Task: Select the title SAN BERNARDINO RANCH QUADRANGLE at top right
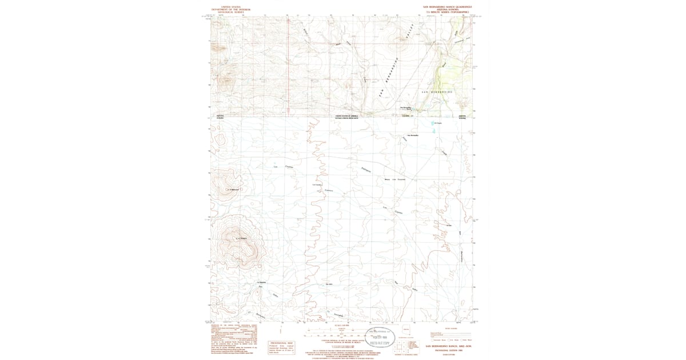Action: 448,7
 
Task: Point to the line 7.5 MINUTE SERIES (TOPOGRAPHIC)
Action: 448,12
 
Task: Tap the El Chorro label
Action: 438,123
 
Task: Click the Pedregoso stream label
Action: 367,170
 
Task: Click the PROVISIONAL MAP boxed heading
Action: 281,343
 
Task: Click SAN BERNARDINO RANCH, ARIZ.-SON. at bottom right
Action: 448,346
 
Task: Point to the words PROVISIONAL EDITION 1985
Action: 448,350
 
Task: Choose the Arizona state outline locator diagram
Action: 406,330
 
